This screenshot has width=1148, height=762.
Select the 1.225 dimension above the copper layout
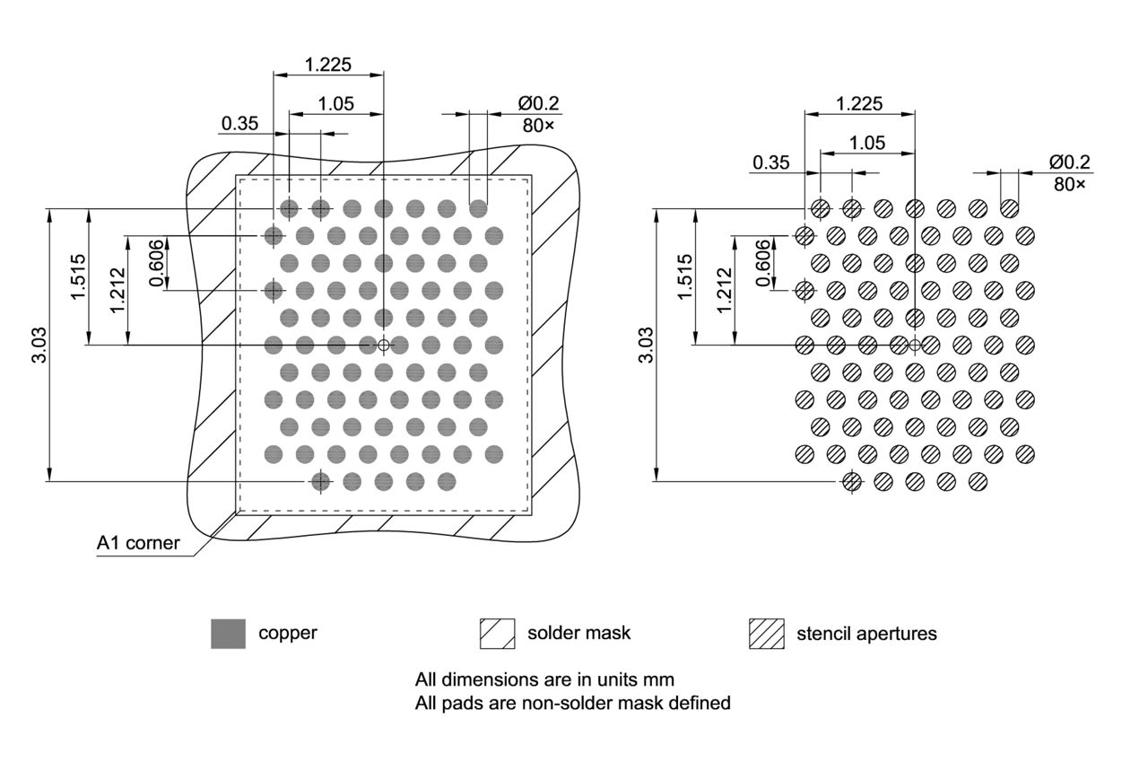328,65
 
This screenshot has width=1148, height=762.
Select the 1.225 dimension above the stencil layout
859,103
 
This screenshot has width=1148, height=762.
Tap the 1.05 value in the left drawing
336,103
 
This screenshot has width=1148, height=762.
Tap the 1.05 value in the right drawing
867,142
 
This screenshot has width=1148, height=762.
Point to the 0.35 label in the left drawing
240,124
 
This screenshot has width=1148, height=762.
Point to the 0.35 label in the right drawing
771,162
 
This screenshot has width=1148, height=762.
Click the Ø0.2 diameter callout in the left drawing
538,103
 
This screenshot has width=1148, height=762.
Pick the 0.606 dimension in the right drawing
763,263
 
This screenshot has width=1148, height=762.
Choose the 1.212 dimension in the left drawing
117,290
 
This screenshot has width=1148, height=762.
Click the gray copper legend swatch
228,634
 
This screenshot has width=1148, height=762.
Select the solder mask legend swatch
498,634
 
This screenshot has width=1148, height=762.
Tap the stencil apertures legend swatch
766,634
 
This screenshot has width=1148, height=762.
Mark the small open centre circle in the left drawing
384,345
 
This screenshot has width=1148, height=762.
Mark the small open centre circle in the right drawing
915,345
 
